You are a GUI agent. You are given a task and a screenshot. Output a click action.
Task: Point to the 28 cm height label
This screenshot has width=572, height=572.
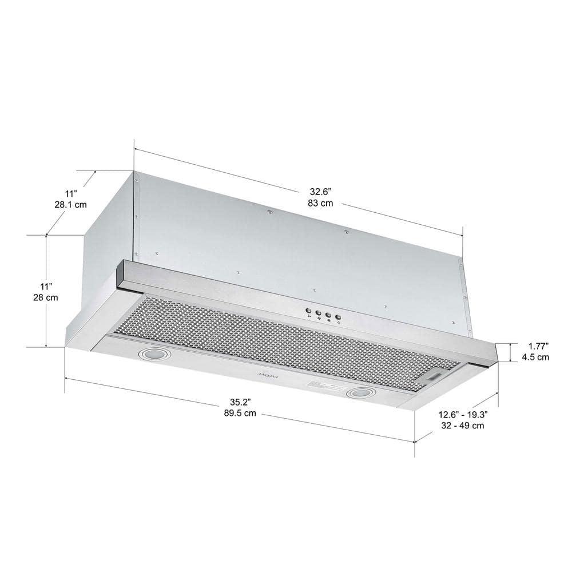(x=46, y=297)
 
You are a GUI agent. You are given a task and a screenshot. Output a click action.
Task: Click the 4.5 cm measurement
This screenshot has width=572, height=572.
(x=537, y=357)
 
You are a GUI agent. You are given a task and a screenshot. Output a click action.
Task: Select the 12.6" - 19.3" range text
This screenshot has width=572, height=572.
(x=462, y=414)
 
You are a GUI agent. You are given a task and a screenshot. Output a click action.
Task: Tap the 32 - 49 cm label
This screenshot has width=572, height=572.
(x=462, y=426)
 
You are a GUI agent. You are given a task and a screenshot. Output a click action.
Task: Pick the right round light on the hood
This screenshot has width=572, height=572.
(x=360, y=393)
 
